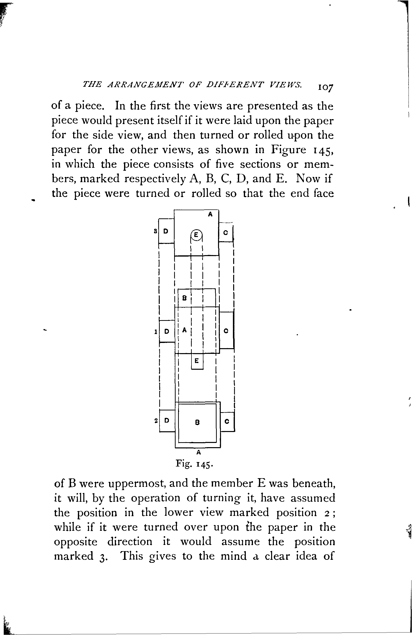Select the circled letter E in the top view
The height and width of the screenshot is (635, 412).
click(x=196, y=234)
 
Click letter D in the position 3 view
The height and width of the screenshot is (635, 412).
click(x=166, y=231)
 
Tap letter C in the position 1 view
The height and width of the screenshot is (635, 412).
click(x=226, y=331)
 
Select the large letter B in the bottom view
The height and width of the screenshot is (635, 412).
click(x=197, y=422)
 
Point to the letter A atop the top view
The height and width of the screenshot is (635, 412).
click(x=210, y=214)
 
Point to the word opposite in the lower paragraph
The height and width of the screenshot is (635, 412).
click(x=76, y=542)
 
